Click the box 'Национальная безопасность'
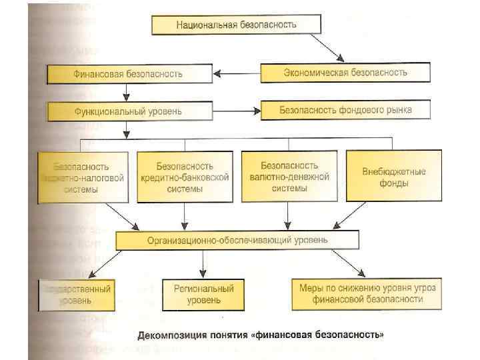tap(236, 25)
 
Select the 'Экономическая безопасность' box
tap(345, 72)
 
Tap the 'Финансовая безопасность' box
tap(129, 74)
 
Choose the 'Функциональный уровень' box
tap(129, 110)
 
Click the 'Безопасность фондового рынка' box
tap(345, 109)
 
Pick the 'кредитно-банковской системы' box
tap(185, 177)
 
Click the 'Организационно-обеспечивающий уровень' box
tap(237, 239)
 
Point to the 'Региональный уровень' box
tap(204, 295)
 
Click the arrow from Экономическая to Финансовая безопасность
tap(237, 73)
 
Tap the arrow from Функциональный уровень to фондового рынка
tap(237, 110)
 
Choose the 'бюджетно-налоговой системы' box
tap(83, 177)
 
